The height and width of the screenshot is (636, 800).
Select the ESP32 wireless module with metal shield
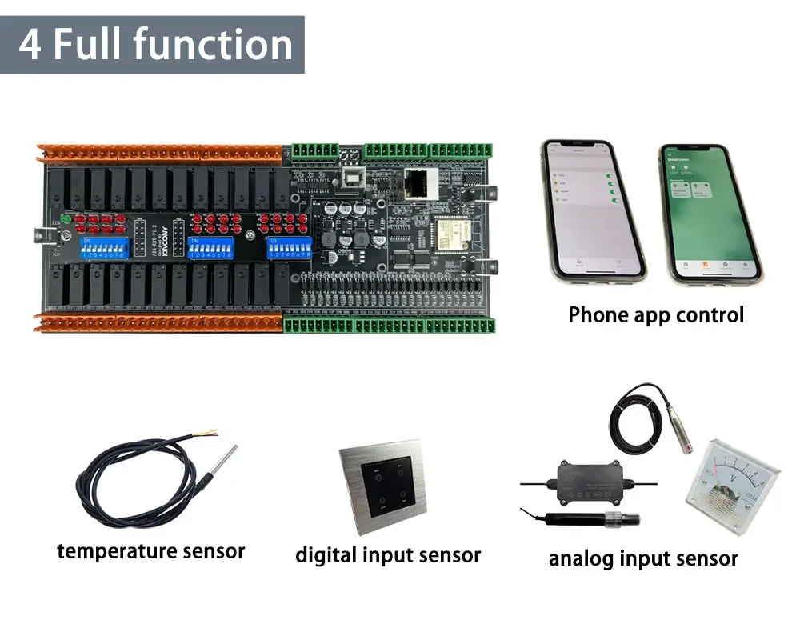click(450, 234)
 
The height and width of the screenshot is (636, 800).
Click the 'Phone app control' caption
click(655, 315)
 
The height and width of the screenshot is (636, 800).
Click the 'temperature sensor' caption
click(150, 550)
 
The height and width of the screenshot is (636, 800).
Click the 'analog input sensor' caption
click(643, 558)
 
